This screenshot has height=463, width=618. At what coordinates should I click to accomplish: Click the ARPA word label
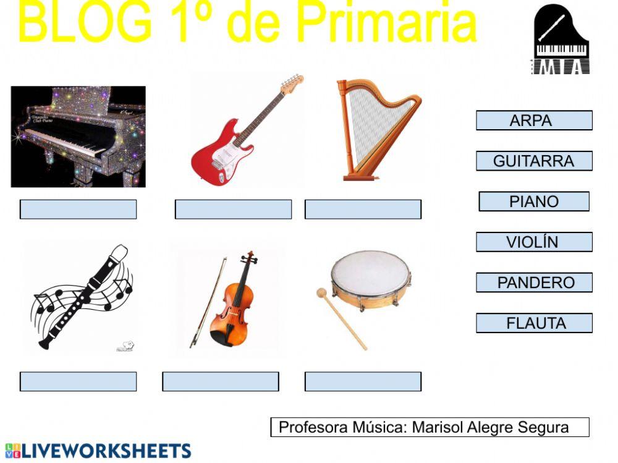pyautogui.click(x=534, y=121)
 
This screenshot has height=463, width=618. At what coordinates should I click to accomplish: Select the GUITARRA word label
pyautogui.click(x=534, y=161)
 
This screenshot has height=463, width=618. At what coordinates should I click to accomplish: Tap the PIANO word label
pyautogui.click(x=534, y=202)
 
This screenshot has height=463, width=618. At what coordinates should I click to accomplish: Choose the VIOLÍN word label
pyautogui.click(x=534, y=242)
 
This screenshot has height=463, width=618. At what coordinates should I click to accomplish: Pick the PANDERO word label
pyautogui.click(x=534, y=282)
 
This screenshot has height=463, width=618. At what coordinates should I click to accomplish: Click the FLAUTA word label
pyautogui.click(x=534, y=323)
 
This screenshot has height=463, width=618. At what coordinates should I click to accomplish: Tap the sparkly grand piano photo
pyautogui.click(x=78, y=137)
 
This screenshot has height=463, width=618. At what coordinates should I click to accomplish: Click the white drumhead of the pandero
pyautogui.click(x=370, y=272)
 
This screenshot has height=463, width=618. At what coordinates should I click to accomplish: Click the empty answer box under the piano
pyautogui.click(x=78, y=210)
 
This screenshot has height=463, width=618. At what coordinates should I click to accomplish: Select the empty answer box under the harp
pyautogui.click(x=363, y=210)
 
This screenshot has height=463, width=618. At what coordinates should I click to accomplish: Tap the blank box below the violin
pyautogui.click(x=221, y=381)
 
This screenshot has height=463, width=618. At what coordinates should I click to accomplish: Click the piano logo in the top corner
pyautogui.click(x=561, y=39)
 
